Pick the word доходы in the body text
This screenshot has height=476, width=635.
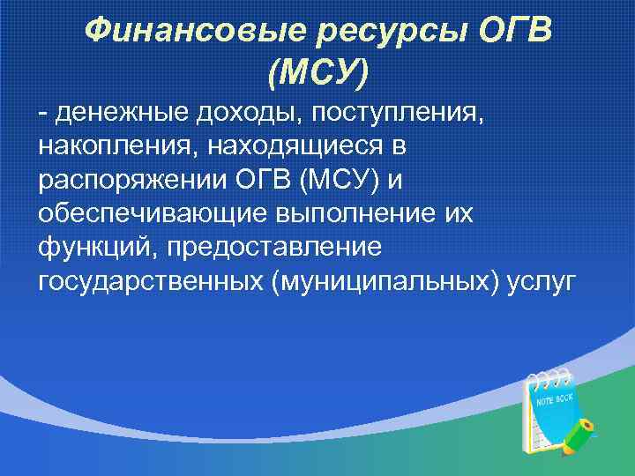[x=228, y=113]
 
